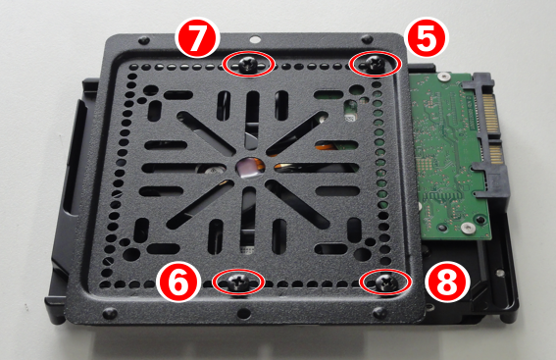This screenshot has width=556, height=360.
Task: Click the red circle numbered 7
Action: click(197, 38)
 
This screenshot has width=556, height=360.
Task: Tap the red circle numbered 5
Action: click(427, 37)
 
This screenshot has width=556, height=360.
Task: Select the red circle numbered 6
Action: click(177, 283)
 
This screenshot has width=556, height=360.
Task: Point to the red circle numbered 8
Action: click(447, 283)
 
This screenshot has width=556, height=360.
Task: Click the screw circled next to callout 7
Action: click(248, 65)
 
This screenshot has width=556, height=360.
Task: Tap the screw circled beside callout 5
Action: click(375, 64)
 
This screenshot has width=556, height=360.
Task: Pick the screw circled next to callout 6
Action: click(238, 283)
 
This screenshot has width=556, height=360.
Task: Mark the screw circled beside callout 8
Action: click(385, 282)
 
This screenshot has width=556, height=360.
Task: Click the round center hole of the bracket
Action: click(250, 168)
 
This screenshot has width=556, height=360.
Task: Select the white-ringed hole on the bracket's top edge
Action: click(254, 38)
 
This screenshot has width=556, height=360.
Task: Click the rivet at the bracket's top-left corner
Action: click(143, 39)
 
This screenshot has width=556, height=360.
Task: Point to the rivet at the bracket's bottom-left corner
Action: click(109, 313)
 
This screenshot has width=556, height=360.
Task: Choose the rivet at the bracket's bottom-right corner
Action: click(379, 313)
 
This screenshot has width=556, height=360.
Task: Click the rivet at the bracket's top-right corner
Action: click(367, 38)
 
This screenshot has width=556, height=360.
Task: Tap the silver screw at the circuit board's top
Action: click(443, 77)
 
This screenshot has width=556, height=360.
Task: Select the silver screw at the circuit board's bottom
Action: click(468, 228)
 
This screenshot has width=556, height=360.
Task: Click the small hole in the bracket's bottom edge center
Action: click(243, 313)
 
